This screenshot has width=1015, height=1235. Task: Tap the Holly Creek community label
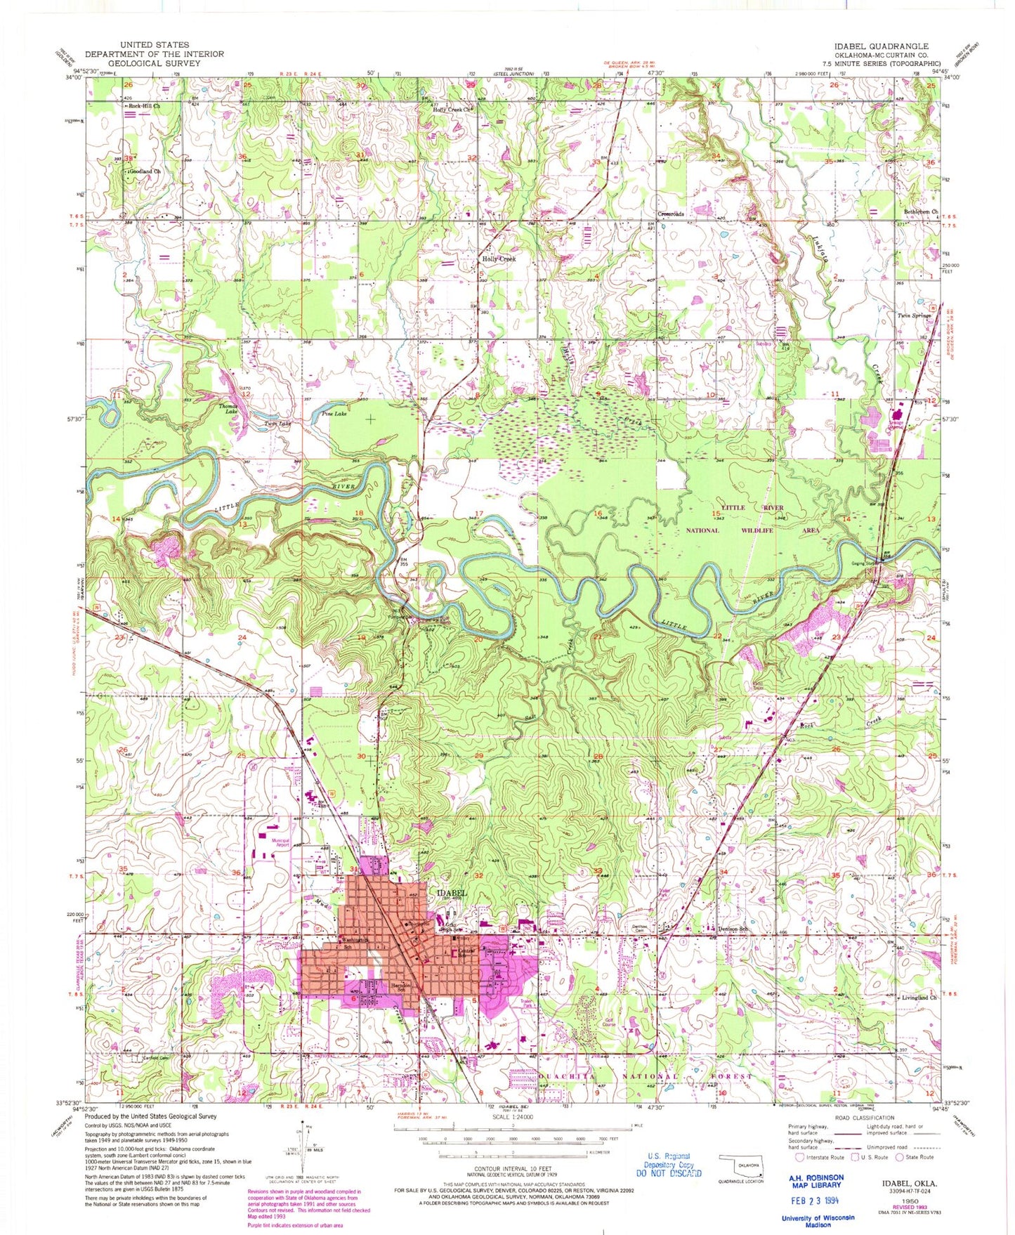pos(499,259)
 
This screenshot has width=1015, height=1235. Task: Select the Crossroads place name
pos(671,214)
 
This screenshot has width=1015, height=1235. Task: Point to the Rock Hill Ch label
pos(144,106)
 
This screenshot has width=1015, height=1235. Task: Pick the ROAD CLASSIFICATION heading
pos(864,1117)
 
